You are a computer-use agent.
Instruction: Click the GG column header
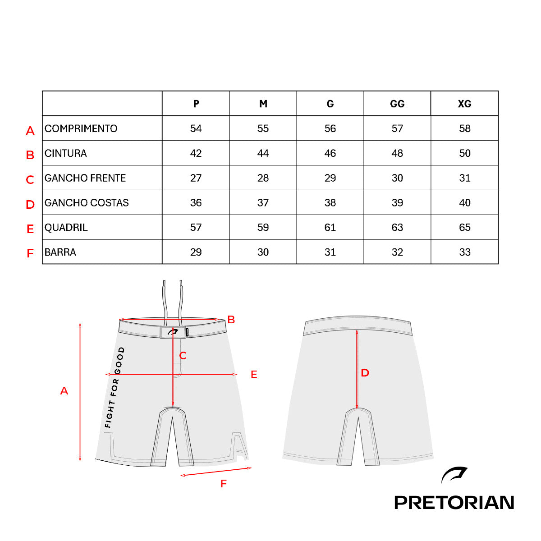(x=397, y=104)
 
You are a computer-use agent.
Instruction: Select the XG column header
(x=464, y=104)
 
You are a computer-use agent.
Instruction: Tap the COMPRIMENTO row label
(x=81, y=128)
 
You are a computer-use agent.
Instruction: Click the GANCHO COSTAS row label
(x=87, y=203)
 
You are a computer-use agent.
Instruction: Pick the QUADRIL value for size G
(x=330, y=227)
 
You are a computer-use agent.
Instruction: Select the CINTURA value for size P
(x=196, y=153)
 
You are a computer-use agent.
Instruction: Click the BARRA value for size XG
(x=465, y=252)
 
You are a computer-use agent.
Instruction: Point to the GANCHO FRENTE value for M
(x=263, y=178)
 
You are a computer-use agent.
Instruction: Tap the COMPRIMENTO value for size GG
(x=397, y=128)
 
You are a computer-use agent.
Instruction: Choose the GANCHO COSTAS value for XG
(x=465, y=203)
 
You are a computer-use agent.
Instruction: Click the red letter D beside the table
(x=30, y=204)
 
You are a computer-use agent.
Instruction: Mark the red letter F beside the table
(x=30, y=253)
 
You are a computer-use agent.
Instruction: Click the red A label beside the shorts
(x=64, y=391)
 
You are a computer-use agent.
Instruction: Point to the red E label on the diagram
(x=254, y=375)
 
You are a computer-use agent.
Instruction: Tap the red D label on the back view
(x=365, y=373)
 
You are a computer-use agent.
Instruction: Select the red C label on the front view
(x=183, y=356)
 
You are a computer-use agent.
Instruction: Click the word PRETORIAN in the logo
(x=454, y=503)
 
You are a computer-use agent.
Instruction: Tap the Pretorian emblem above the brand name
(x=454, y=475)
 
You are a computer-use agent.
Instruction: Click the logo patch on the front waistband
(x=173, y=332)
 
